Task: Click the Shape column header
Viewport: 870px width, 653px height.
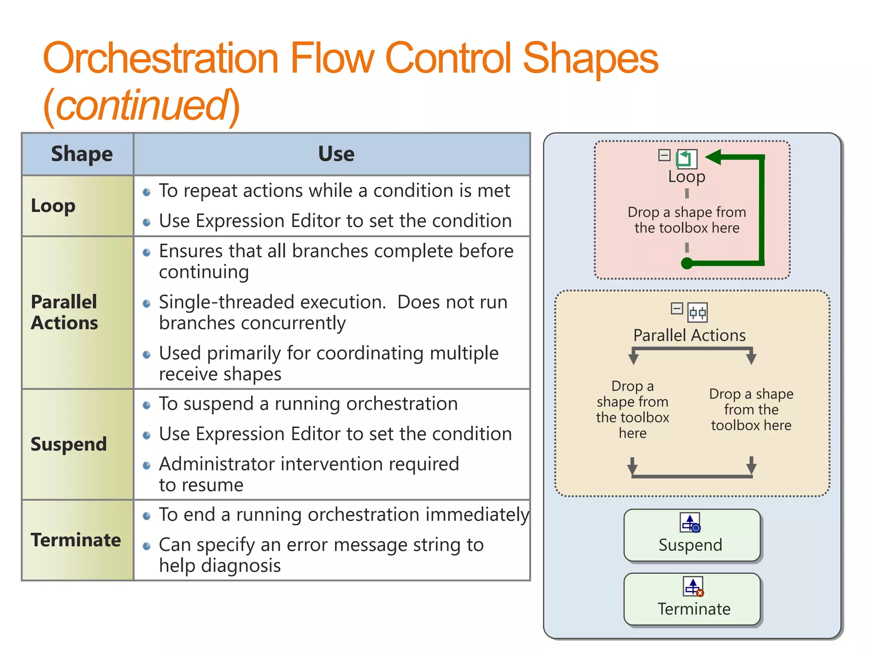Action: [x=82, y=154]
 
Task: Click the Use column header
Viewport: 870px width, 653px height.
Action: [x=336, y=154]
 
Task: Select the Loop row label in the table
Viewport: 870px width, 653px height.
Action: [x=53, y=206]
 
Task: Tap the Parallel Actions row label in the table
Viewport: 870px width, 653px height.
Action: [x=64, y=312]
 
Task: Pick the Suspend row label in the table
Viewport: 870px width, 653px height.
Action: [x=68, y=444]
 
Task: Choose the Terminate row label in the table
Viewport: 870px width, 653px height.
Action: [x=76, y=540]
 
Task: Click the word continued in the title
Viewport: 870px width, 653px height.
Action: [x=142, y=105]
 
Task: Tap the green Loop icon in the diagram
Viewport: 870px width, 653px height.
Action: [x=687, y=159]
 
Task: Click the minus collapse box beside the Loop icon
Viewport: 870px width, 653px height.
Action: [x=664, y=155]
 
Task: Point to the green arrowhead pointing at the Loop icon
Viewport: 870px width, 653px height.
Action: [x=714, y=157]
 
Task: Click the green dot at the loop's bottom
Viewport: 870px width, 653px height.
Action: [x=686, y=264]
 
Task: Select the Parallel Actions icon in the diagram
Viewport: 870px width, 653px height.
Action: [x=698, y=313]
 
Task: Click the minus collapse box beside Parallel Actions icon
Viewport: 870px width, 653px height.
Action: [x=677, y=309]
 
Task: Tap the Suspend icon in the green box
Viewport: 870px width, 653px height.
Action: [x=690, y=523]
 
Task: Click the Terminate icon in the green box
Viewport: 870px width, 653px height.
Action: [x=693, y=587]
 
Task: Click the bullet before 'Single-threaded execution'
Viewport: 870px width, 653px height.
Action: [x=147, y=304]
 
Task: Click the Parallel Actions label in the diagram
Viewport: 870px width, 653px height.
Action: [x=689, y=335]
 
